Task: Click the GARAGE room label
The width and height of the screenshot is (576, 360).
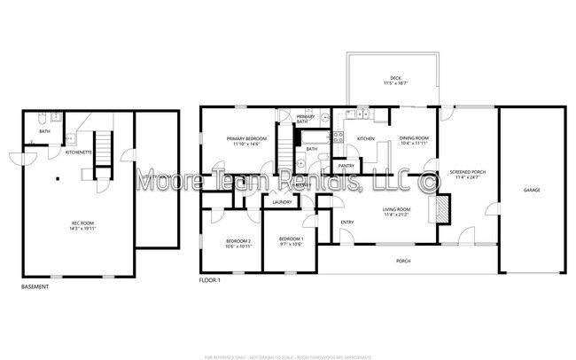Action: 531,191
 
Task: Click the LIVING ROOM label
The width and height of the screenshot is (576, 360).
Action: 397,212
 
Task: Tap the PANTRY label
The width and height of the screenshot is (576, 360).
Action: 346,166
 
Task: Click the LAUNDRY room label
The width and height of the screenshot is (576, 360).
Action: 283,202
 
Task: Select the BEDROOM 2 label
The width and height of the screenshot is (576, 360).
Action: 238,243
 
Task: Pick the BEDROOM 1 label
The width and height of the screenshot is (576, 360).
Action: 291,241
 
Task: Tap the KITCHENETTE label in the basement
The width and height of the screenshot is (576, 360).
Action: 80,153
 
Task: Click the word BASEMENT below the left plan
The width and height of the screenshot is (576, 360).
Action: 35,286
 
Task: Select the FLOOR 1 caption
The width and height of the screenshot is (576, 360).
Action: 210,281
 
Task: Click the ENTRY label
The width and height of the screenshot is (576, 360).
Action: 346,222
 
